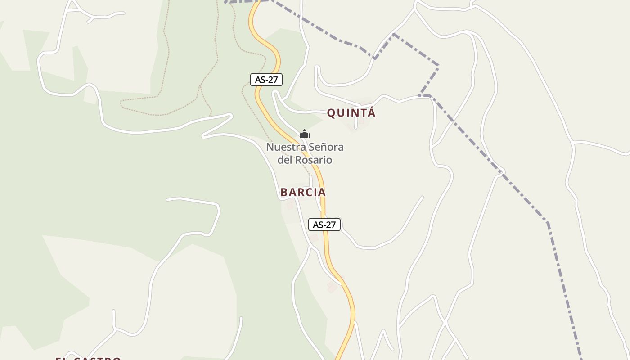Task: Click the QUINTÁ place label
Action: point(351,113)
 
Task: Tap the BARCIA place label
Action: point(303,192)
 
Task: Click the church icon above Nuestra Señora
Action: point(305,134)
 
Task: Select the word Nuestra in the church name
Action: point(283,147)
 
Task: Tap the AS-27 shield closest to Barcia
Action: point(324,225)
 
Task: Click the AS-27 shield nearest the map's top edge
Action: point(266,80)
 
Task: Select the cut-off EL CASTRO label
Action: point(88,358)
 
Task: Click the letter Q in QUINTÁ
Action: point(332,113)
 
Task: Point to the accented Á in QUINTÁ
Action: point(371,112)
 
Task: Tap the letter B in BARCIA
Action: point(284,192)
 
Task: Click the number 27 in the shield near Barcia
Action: point(330,225)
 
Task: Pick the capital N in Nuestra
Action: point(270,147)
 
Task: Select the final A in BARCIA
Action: point(321,192)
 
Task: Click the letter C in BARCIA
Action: point(307,192)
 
